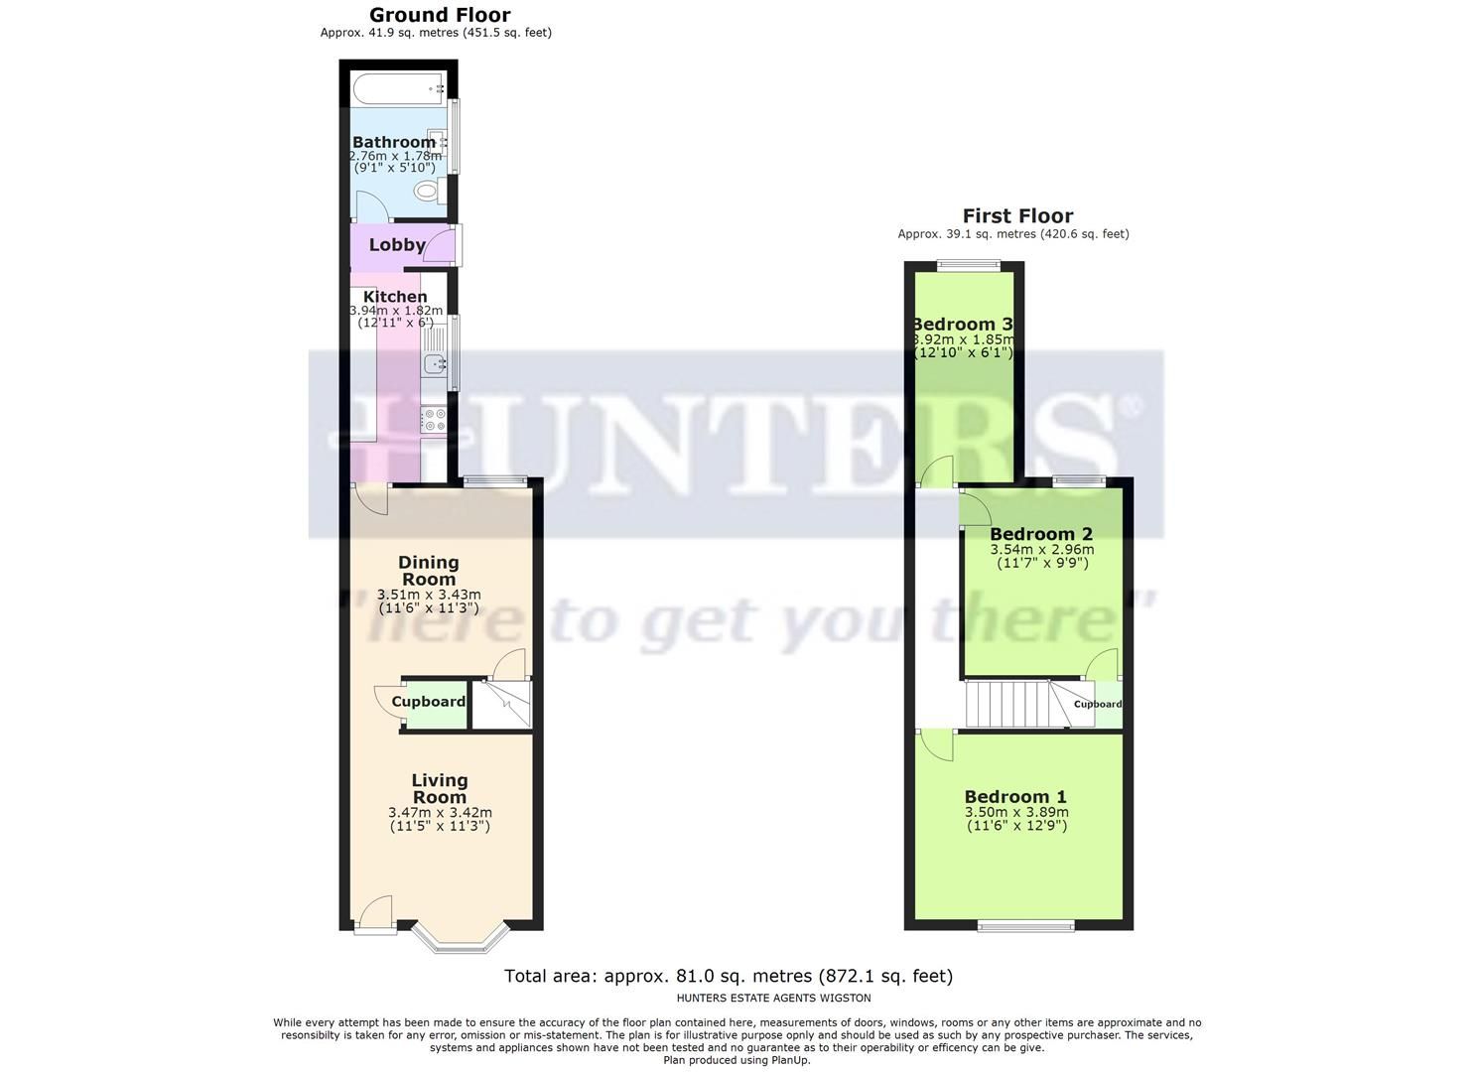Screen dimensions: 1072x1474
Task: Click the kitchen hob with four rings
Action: click(434, 420)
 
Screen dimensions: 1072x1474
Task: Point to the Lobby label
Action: click(397, 245)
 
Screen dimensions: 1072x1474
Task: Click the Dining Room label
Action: click(429, 571)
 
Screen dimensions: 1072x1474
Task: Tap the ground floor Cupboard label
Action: click(429, 702)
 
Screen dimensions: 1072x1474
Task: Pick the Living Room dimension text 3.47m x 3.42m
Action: click(440, 812)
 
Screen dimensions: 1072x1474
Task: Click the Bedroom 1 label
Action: click(1015, 796)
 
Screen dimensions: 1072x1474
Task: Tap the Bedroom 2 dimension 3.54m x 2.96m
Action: click(1042, 549)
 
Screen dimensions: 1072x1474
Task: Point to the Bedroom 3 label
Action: click(962, 325)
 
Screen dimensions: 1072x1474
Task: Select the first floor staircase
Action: click(1006, 703)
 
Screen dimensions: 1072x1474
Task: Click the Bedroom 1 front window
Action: click(1026, 926)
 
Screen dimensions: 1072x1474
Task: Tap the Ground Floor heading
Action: click(440, 15)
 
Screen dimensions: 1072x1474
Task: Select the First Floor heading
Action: click(1017, 216)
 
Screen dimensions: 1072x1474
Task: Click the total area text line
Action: click(728, 976)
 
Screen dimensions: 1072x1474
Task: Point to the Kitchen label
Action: click(395, 297)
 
